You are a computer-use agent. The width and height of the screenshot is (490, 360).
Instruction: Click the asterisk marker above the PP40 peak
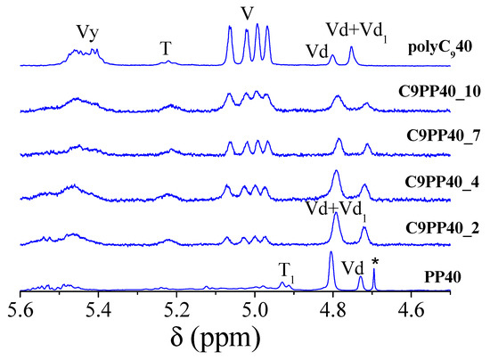[375, 261]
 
